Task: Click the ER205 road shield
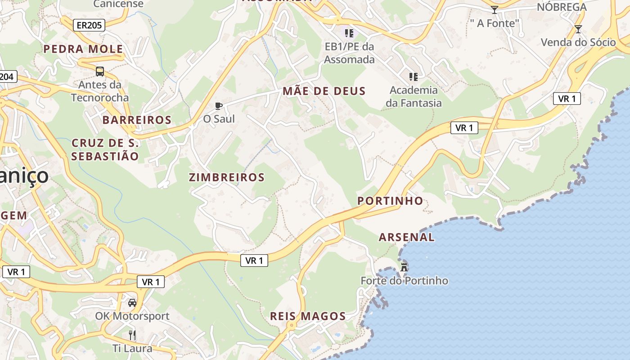[89, 25]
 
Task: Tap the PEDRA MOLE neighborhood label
[83, 49]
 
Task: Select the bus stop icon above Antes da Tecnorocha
[100, 71]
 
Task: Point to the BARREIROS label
[137, 120]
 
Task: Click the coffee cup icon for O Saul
[219, 106]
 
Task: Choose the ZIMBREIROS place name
[226, 177]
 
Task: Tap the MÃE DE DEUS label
[324, 91]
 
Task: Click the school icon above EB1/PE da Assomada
[349, 33]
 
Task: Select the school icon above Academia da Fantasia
[414, 77]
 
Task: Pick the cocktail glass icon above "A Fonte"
[495, 10]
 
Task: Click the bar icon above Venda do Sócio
[578, 29]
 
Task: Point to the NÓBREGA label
[568, 7]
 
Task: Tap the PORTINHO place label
[390, 201]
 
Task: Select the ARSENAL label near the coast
[407, 237]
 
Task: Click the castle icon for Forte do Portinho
[404, 266]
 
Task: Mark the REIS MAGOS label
[308, 316]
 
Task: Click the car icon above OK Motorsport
[132, 302]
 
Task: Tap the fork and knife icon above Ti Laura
[132, 335]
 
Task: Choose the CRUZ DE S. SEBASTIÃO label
[105, 150]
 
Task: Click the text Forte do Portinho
[404, 281]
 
